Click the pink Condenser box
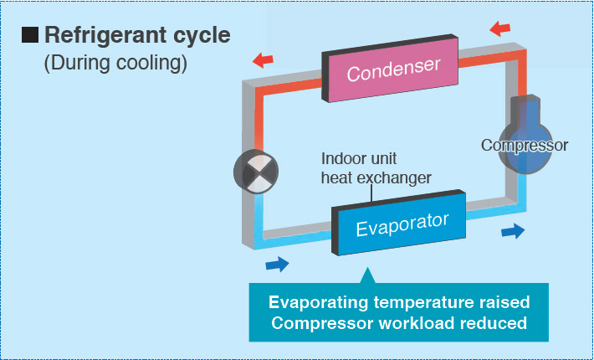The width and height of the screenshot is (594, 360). pos(390,69)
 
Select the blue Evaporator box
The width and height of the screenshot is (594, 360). pos(398,223)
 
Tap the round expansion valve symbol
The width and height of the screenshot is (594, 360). pos(256,172)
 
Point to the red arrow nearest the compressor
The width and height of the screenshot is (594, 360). pos(500,28)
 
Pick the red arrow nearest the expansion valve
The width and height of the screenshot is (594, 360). pos(263,60)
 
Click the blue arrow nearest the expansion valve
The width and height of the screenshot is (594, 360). pos(277,264)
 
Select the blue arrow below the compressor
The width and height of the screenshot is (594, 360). pos(513,231)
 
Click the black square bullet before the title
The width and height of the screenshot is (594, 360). pos(30,35)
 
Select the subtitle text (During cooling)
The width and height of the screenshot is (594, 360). pos(115,64)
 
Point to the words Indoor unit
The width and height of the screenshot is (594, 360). pos(359,158)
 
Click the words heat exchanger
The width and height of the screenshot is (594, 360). pos(376,177)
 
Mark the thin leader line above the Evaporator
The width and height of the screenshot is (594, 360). pos(371,193)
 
